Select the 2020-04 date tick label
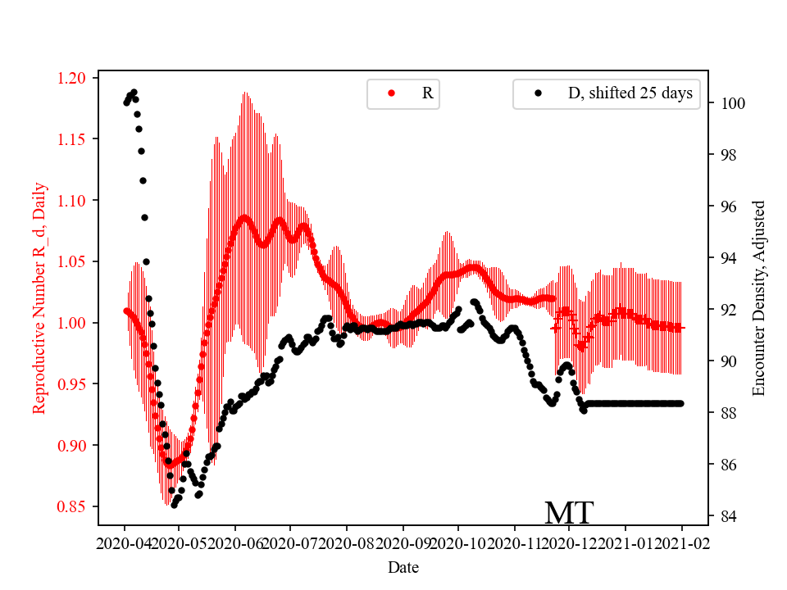tap(125, 543)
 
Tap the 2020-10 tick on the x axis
tap(458, 543)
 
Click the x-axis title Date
tap(403, 567)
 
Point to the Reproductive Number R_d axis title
tap(39, 297)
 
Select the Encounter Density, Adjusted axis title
tap(758, 297)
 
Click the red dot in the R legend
tap(391, 93)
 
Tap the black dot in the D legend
tap(538, 93)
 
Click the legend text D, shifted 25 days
tap(630, 93)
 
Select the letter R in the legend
tap(427, 93)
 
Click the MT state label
tap(569, 513)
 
